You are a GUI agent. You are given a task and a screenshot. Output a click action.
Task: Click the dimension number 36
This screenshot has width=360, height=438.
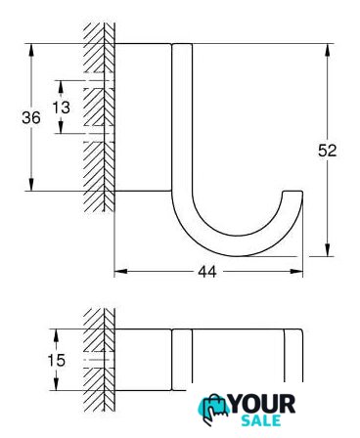[31, 117]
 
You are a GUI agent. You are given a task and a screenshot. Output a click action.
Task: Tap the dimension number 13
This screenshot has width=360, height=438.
[62, 108]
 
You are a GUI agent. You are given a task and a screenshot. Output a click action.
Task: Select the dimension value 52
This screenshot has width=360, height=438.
[327, 151]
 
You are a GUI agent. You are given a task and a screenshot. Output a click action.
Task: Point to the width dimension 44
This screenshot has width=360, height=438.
[207, 272]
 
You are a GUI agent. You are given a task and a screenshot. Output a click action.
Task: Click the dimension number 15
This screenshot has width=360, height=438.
[57, 361]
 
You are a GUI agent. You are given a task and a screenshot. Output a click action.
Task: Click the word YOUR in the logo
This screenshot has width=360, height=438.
[263, 404]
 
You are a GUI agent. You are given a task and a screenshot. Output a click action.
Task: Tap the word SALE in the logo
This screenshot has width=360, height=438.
[261, 420]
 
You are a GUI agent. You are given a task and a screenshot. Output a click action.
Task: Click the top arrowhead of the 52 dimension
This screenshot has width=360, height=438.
[327, 50]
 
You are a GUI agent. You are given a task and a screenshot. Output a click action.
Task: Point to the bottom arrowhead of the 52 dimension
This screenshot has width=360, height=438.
[327, 250]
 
